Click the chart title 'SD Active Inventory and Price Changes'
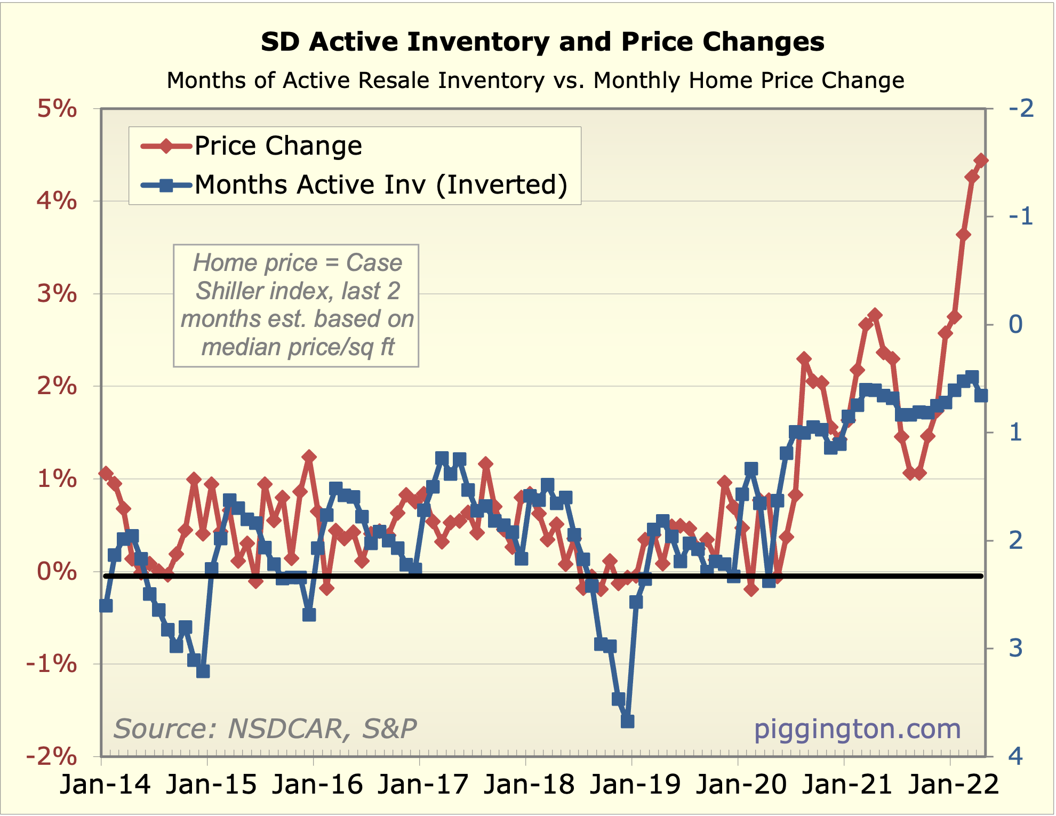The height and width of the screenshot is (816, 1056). click(542, 42)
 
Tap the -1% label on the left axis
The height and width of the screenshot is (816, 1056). click(52, 664)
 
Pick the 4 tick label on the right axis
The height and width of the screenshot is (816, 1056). click(1016, 756)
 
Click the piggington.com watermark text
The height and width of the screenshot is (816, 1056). click(857, 729)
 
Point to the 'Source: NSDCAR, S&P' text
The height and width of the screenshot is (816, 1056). click(265, 729)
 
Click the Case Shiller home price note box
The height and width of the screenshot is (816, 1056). click(296, 306)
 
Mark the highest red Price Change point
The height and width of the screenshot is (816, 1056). click(981, 160)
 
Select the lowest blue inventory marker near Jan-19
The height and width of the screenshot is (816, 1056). click(627, 722)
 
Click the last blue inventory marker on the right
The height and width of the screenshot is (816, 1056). click(981, 395)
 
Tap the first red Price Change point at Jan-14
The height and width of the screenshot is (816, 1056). click(106, 473)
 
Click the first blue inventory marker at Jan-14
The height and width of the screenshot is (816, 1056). click(106, 606)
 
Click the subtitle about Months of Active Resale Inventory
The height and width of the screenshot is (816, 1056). click(535, 81)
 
